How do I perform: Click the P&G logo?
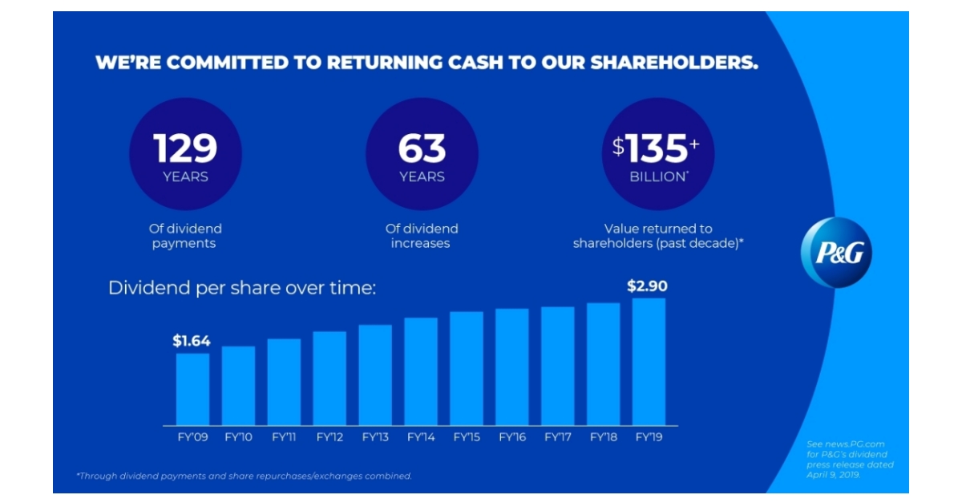coord(836,253)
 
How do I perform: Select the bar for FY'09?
coord(192,389)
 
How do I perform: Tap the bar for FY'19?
coord(649,361)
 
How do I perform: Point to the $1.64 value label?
coord(192,341)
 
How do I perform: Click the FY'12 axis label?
coord(329,437)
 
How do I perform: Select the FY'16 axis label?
coord(511,437)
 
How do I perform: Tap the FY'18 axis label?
coord(603,437)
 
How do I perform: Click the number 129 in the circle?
coord(185,148)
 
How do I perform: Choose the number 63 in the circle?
coord(422,148)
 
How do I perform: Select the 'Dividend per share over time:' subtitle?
coord(241,287)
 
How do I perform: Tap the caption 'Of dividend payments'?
coord(185,236)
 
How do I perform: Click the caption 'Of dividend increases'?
coord(422,236)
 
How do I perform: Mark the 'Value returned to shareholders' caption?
coord(657,236)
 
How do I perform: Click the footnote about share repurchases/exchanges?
coord(245,476)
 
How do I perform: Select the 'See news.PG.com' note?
coord(850,459)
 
